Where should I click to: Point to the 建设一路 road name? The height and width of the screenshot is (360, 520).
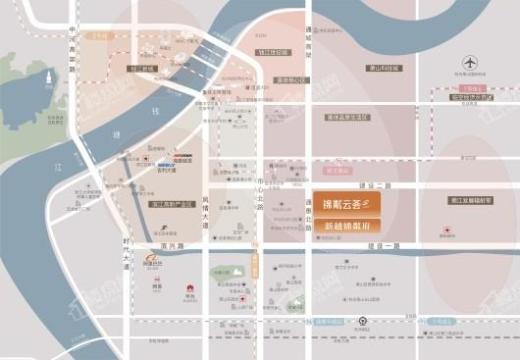(x=376, y=186)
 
